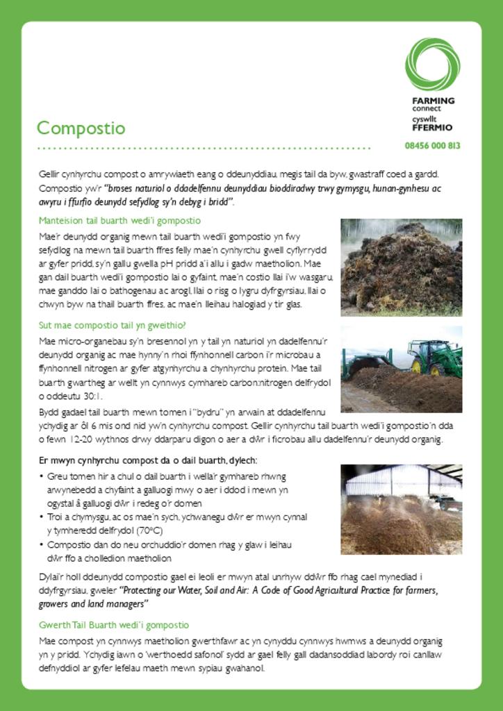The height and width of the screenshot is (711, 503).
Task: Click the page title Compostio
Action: click(x=81, y=128)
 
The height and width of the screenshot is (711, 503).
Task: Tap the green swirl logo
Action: click(x=432, y=64)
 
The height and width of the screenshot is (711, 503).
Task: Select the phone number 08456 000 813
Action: click(x=432, y=146)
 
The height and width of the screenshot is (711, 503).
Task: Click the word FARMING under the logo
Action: click(x=433, y=101)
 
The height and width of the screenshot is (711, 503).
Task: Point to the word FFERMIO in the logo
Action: click(x=431, y=128)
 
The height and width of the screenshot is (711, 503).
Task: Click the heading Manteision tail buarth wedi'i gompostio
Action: click(x=119, y=221)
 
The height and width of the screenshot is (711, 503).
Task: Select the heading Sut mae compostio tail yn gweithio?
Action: click(x=113, y=325)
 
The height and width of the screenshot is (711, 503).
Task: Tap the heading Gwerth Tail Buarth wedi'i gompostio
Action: click(x=114, y=625)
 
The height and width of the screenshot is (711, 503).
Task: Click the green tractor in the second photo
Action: click(x=435, y=357)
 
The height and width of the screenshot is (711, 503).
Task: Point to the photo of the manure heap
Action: click(x=401, y=267)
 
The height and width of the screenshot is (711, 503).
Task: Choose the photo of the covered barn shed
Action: click(x=401, y=509)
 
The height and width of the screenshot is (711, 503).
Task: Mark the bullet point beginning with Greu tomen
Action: click(x=167, y=490)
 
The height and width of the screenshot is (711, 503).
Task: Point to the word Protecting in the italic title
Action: click(x=147, y=591)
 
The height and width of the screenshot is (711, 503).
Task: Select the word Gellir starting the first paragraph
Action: click(x=49, y=174)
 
